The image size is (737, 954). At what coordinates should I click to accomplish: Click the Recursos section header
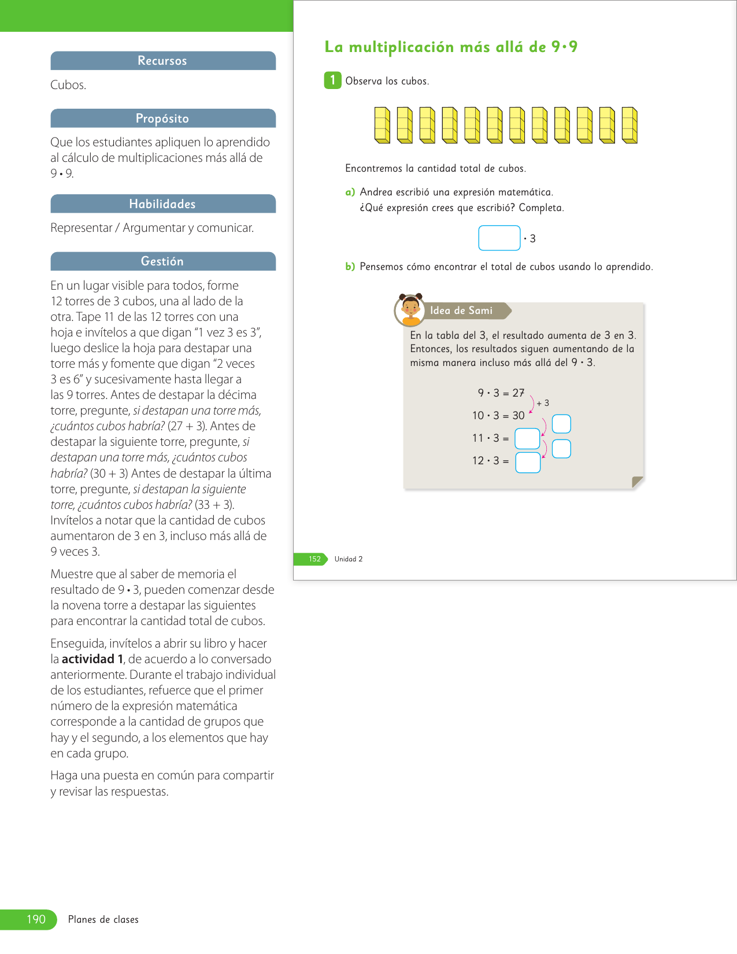(162, 61)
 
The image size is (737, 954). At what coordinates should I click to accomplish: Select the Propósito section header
(162, 119)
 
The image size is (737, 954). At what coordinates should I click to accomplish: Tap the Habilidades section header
(162, 204)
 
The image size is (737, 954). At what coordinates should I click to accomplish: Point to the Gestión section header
(162, 261)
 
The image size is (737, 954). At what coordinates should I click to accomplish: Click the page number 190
(36, 919)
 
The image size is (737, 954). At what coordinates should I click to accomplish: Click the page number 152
(314, 559)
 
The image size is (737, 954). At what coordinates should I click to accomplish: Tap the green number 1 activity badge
(332, 80)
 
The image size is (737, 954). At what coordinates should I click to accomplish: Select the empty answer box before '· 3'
(499, 238)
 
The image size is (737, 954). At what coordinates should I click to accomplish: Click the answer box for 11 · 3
(527, 438)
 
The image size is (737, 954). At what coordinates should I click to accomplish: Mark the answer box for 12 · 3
(528, 463)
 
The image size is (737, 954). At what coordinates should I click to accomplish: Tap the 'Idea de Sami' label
(461, 310)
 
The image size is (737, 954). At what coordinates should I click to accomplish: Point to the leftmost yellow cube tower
(382, 125)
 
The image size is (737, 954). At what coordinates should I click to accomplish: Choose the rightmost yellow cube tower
(629, 125)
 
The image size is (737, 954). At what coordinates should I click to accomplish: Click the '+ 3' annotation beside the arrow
(543, 403)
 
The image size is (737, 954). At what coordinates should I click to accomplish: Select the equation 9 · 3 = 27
(501, 393)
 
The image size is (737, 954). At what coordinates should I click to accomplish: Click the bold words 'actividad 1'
(92, 659)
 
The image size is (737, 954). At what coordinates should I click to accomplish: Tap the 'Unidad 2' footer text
(349, 559)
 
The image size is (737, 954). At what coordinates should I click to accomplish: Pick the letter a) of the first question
(350, 192)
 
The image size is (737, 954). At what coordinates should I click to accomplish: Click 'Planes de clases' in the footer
(103, 919)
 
